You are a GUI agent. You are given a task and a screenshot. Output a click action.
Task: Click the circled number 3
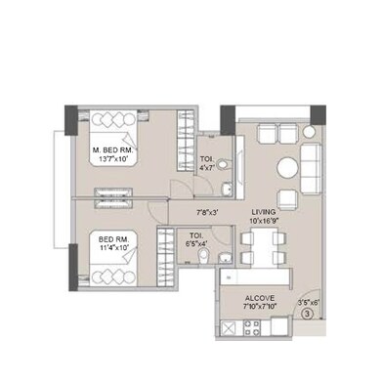point(306,314)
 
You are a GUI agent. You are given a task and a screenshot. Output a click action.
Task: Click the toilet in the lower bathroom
point(202,257)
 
